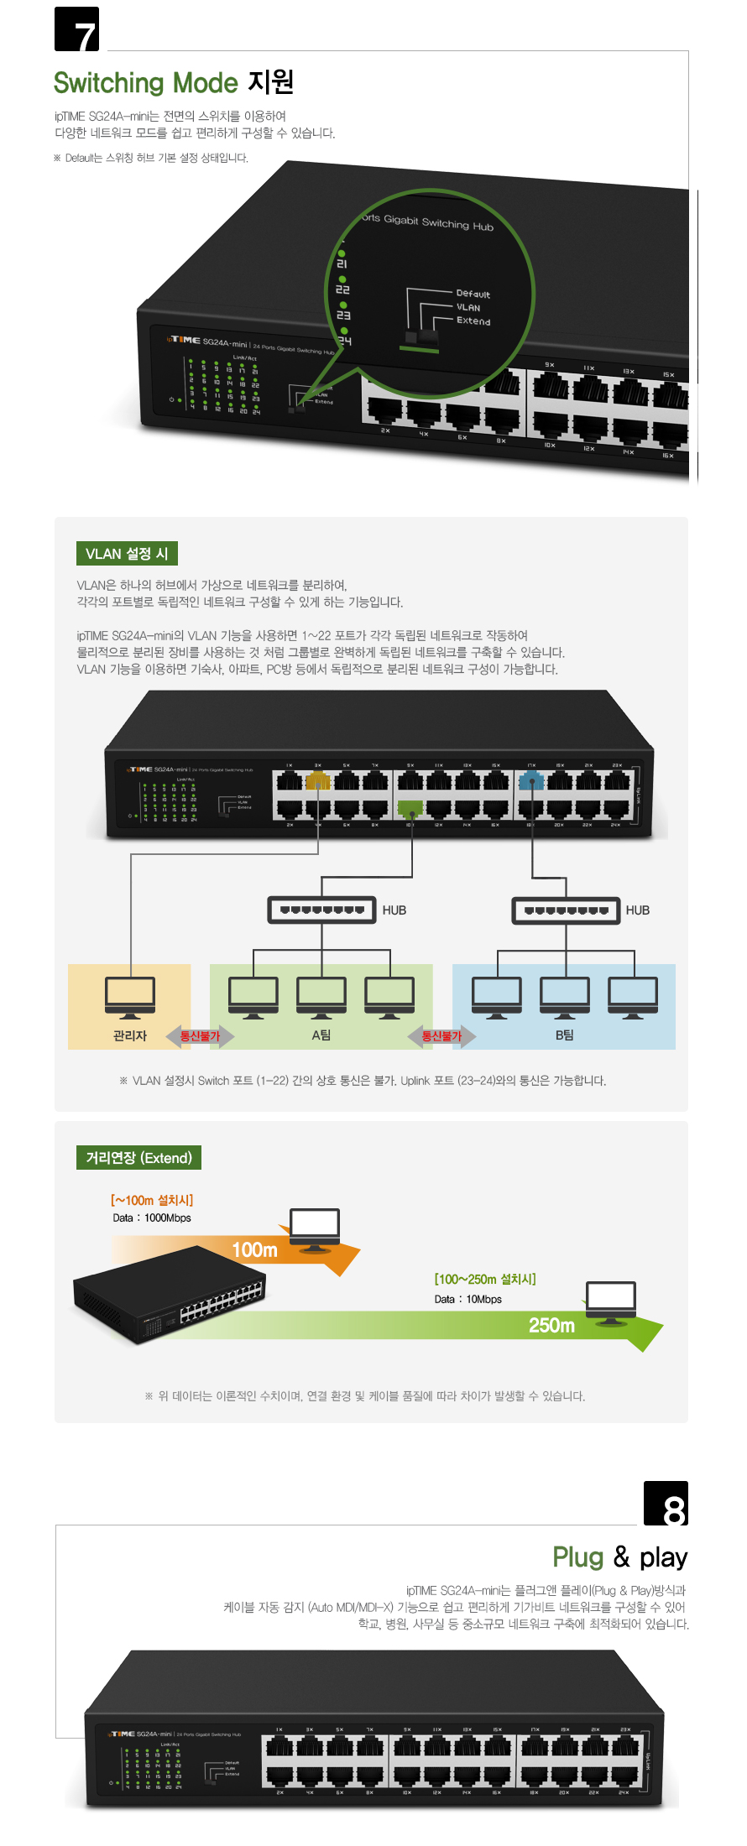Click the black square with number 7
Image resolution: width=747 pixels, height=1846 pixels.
click(76, 29)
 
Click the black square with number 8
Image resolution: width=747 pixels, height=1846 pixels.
click(666, 1504)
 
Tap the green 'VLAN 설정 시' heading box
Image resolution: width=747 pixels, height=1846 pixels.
click(127, 554)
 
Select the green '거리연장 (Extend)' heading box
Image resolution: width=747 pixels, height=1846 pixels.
click(138, 1158)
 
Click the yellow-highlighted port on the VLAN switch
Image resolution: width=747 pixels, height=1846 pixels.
click(317, 782)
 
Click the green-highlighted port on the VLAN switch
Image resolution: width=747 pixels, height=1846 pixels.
click(410, 810)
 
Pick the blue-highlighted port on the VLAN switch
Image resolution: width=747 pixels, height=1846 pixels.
click(530, 782)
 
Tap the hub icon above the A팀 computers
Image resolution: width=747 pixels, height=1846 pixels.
click(321, 910)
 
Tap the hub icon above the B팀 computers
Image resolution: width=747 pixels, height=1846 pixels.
click(567, 910)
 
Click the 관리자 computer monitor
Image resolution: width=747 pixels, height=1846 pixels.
click(130, 997)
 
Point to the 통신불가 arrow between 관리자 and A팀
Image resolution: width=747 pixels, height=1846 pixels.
click(200, 1036)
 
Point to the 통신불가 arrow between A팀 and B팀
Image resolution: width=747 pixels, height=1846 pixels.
click(441, 1036)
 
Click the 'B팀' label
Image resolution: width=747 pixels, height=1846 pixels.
click(564, 1035)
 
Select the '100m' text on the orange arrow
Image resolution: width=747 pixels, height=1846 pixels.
click(254, 1250)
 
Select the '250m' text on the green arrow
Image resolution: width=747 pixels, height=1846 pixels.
click(551, 1326)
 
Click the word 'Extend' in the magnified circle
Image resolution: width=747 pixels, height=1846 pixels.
click(473, 321)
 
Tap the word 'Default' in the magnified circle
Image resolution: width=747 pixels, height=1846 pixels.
click(473, 294)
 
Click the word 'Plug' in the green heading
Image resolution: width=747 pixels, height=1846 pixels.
click(577, 1557)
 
